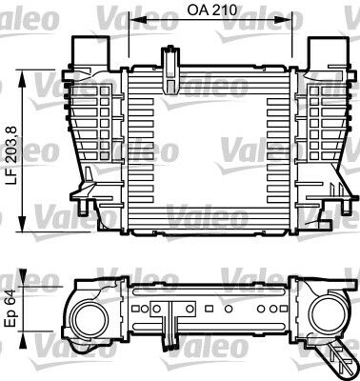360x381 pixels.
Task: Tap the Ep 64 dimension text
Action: pyautogui.click(x=11, y=310)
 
